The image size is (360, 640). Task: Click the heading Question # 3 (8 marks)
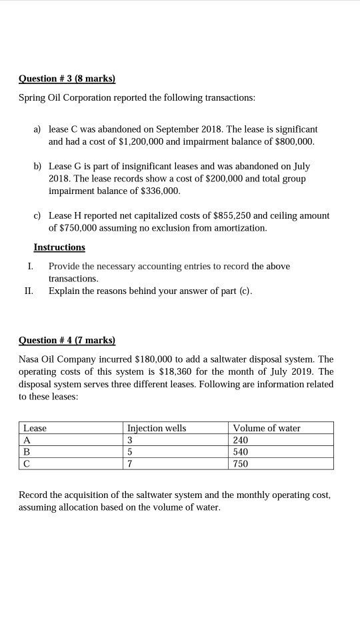tap(67, 79)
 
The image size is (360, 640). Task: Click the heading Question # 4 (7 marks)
tap(67, 340)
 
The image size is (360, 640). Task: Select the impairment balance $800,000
tap(291, 142)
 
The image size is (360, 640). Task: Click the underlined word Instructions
tap(59, 247)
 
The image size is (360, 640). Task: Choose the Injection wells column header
tap(157, 428)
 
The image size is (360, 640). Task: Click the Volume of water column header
tap(267, 428)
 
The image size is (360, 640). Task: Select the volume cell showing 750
tap(241, 463)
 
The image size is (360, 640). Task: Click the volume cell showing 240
tap(241, 440)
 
